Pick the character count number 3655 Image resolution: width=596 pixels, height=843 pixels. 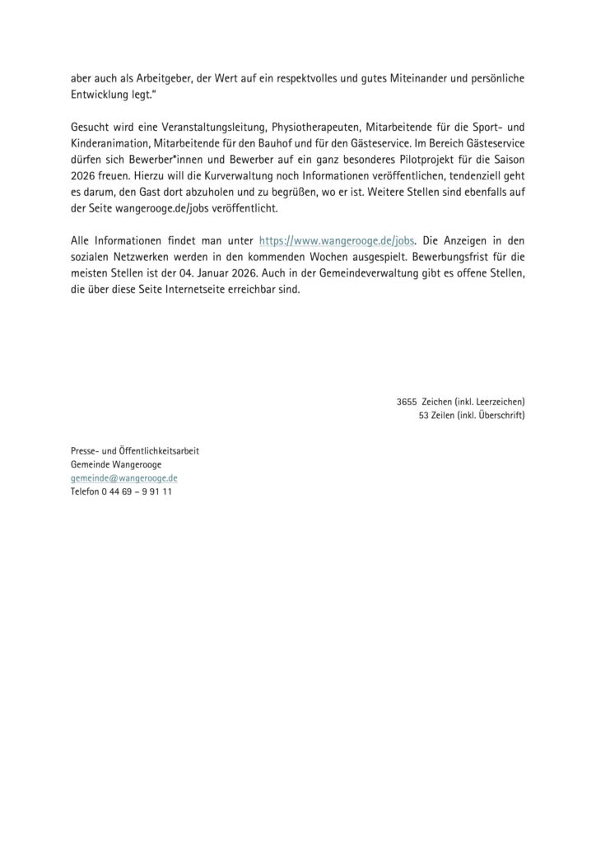click(406, 401)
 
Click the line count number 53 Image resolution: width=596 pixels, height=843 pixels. click(424, 415)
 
